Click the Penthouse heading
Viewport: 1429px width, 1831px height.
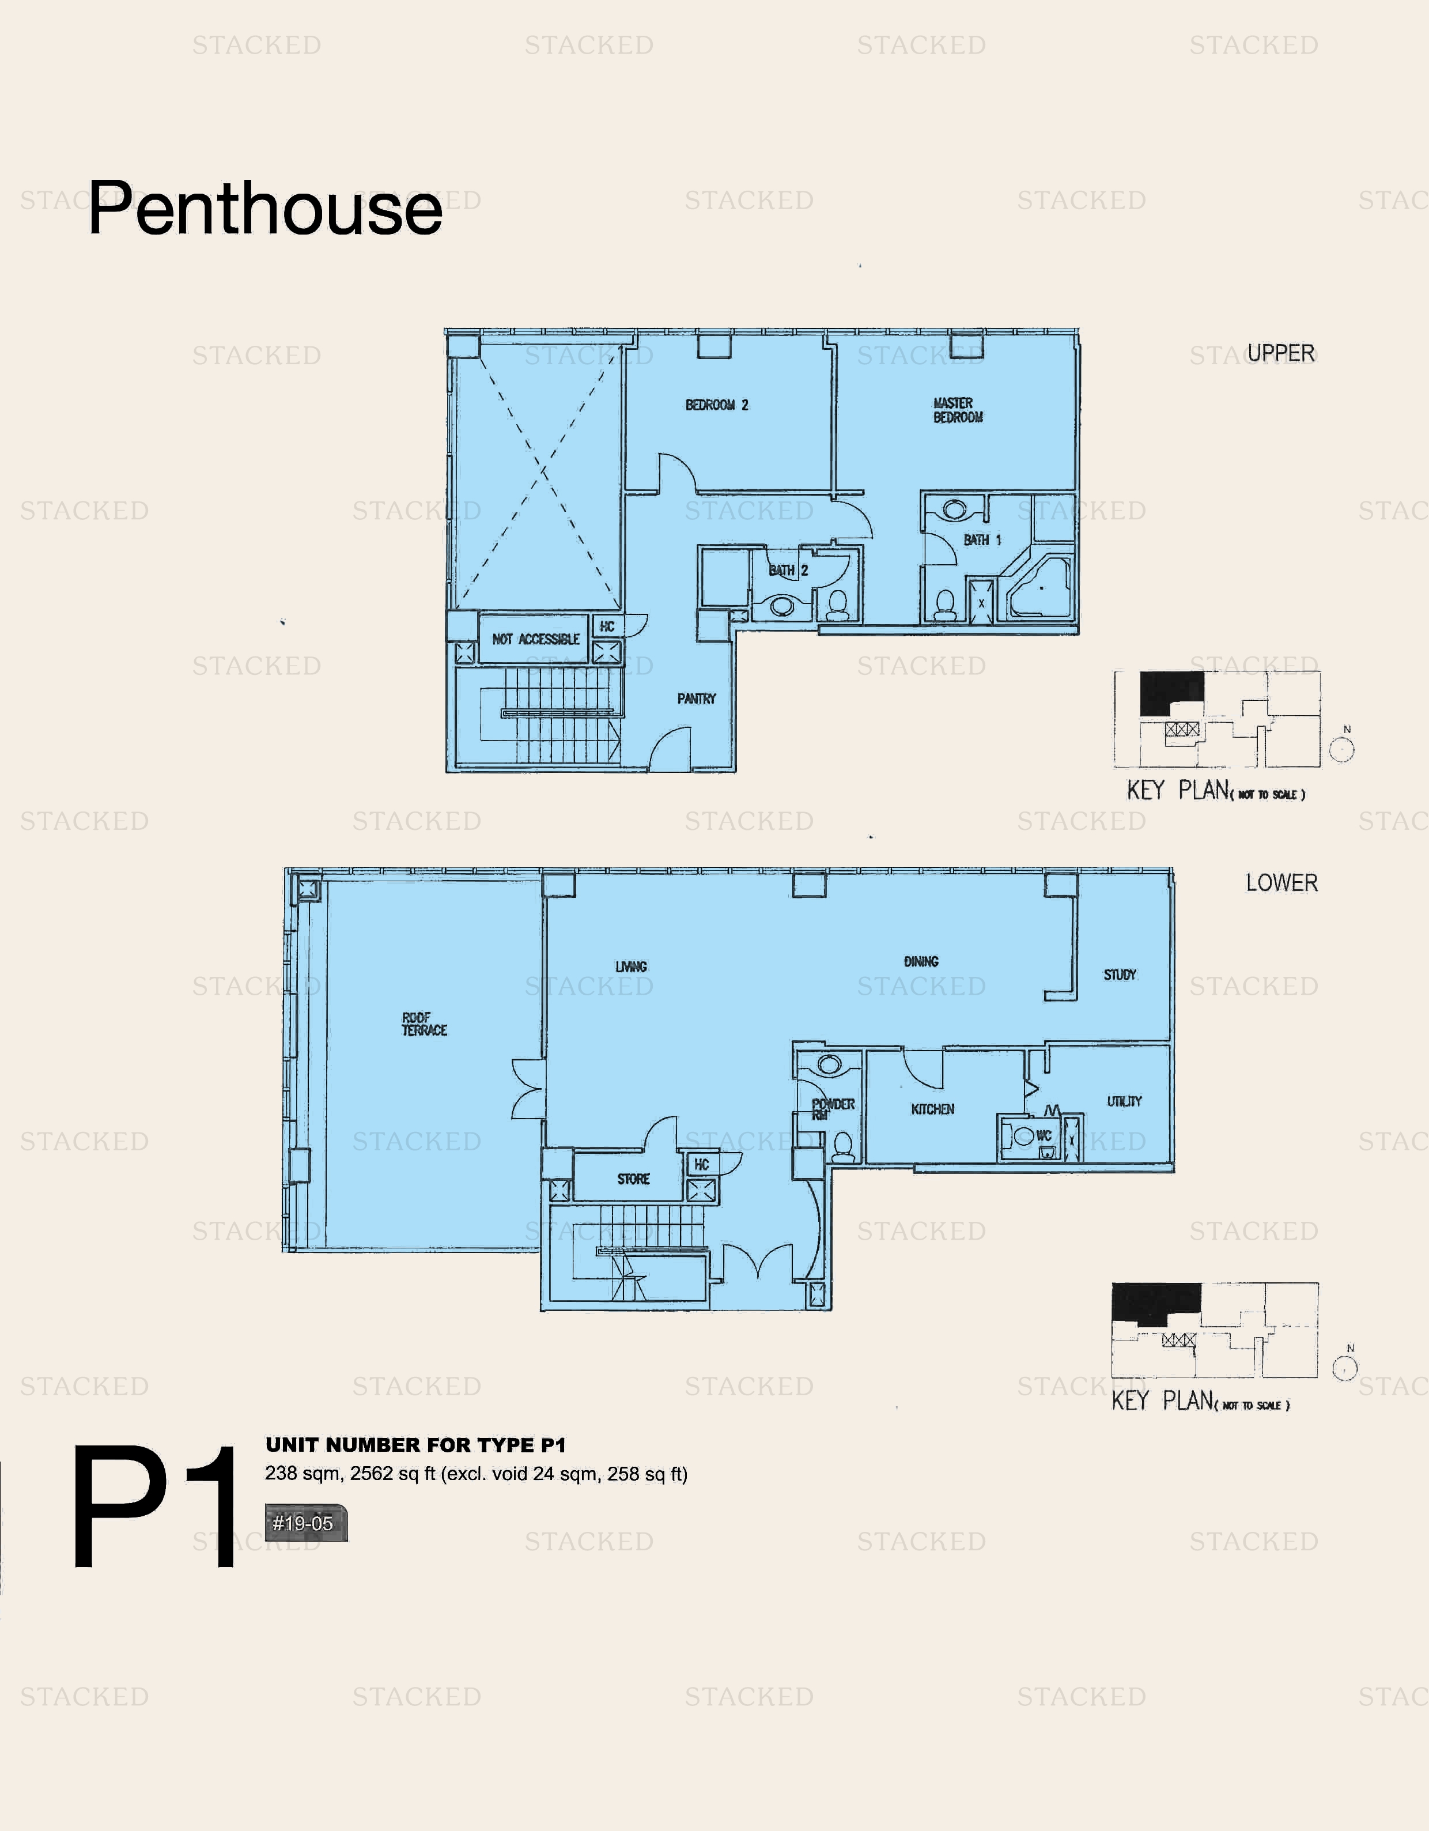click(x=265, y=208)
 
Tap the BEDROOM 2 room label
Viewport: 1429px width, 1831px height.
click(x=717, y=405)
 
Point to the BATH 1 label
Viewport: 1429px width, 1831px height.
click(x=981, y=540)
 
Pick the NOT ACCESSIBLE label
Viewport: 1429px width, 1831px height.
click(x=535, y=639)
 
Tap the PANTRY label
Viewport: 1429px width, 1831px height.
click(x=697, y=699)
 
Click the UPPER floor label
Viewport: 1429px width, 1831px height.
click(x=1281, y=353)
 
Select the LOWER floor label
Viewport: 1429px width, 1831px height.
click(x=1281, y=883)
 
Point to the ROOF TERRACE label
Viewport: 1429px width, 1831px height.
click(x=424, y=1024)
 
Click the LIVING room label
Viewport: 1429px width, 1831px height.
click(x=631, y=967)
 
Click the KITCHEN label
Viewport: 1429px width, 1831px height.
click(x=932, y=1109)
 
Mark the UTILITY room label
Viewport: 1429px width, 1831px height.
click(x=1124, y=1101)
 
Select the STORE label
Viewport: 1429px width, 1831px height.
click(x=633, y=1179)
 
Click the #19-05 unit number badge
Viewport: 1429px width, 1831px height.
click(x=304, y=1523)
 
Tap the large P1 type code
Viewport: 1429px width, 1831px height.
click(x=155, y=1507)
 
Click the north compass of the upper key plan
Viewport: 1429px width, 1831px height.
click(x=1342, y=748)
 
